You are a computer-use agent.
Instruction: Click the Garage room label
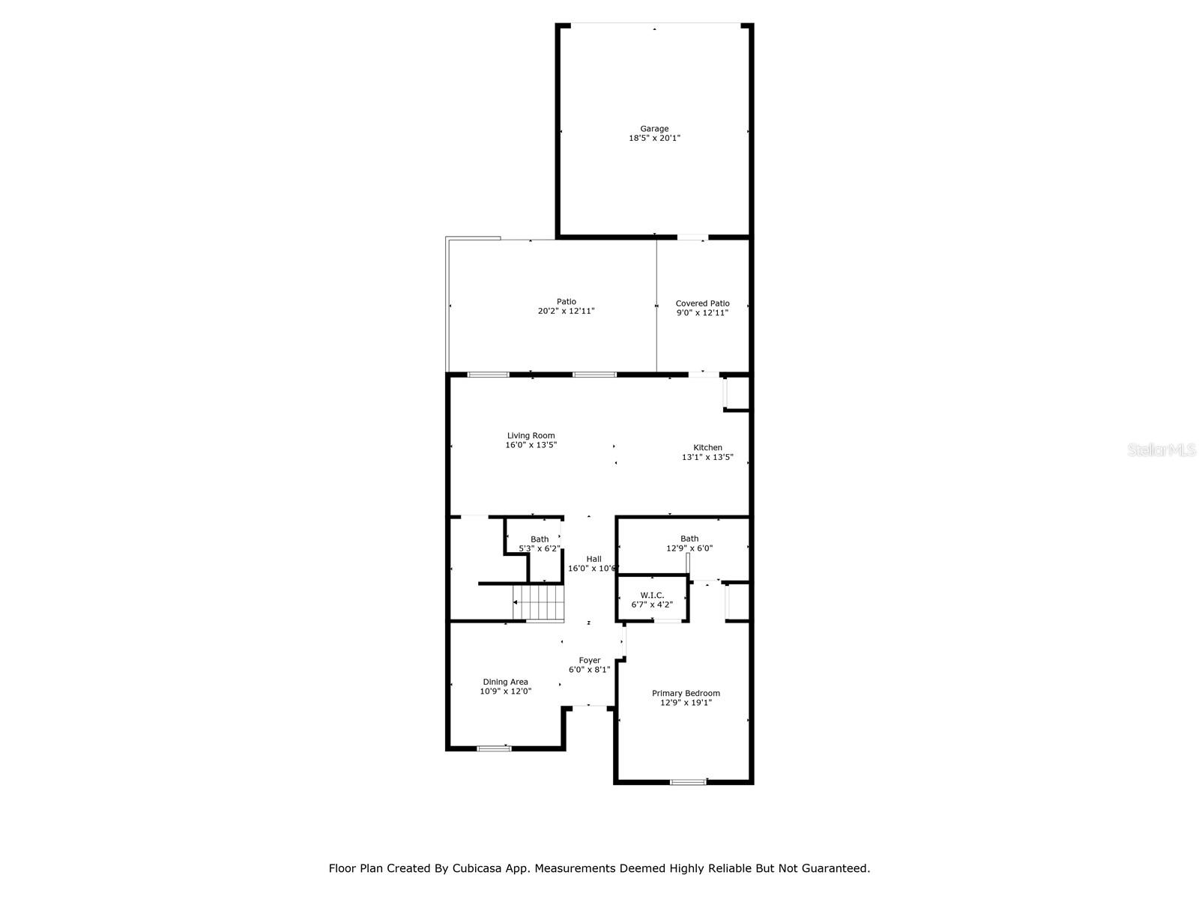click(654, 129)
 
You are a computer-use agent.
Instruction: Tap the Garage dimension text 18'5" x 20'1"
click(654, 139)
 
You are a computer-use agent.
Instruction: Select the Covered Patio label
click(702, 303)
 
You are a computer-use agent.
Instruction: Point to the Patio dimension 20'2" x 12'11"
click(566, 312)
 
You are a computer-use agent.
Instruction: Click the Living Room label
click(531, 435)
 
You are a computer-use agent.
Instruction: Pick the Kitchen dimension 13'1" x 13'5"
click(707, 458)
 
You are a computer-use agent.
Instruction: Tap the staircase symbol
click(538, 603)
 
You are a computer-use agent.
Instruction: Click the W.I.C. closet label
click(652, 595)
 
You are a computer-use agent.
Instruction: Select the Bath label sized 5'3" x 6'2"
click(540, 539)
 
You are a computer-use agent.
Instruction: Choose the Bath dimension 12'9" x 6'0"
click(689, 548)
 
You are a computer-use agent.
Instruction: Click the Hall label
click(594, 559)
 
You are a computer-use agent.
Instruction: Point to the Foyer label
click(590, 661)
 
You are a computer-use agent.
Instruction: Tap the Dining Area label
click(505, 682)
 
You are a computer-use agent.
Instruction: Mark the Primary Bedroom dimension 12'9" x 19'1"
click(686, 703)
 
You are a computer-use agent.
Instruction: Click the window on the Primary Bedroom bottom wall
click(688, 782)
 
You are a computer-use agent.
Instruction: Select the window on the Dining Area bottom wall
click(495, 748)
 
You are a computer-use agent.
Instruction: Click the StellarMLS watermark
click(1162, 450)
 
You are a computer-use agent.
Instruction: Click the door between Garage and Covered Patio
click(692, 237)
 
